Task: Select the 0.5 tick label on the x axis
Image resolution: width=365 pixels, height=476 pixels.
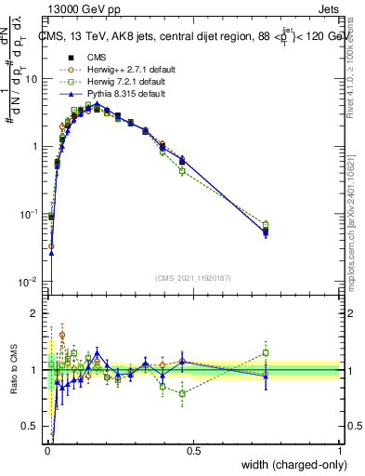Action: [x=193, y=451]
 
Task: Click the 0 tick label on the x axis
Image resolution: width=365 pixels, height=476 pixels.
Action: [x=47, y=451]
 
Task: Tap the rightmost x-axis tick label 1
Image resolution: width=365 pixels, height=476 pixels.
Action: [x=339, y=451]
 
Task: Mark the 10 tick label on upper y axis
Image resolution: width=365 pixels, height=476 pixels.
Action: [x=32, y=79]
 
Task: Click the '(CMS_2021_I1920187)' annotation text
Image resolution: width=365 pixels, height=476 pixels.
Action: [x=192, y=278]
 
